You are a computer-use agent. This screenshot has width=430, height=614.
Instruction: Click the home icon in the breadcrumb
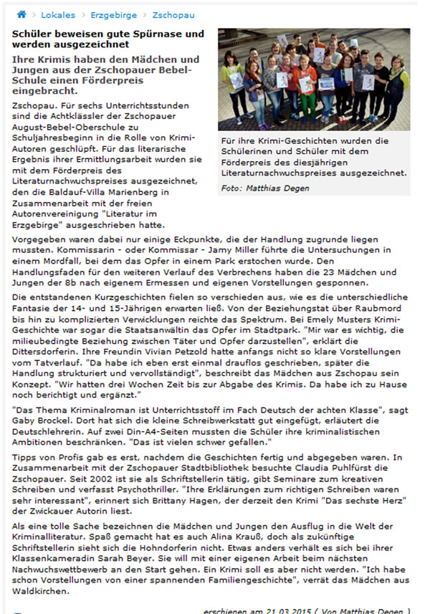(21, 14)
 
